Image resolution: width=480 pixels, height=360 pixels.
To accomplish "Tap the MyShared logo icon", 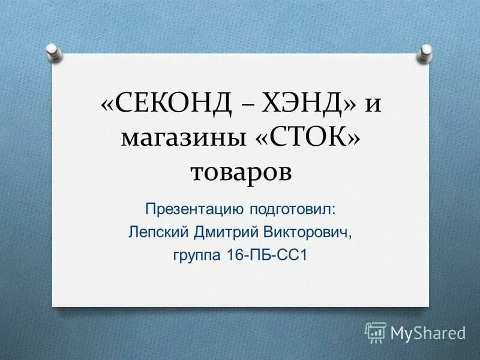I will tap(376, 332).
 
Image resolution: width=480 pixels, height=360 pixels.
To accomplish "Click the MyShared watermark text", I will tap(428, 332).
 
